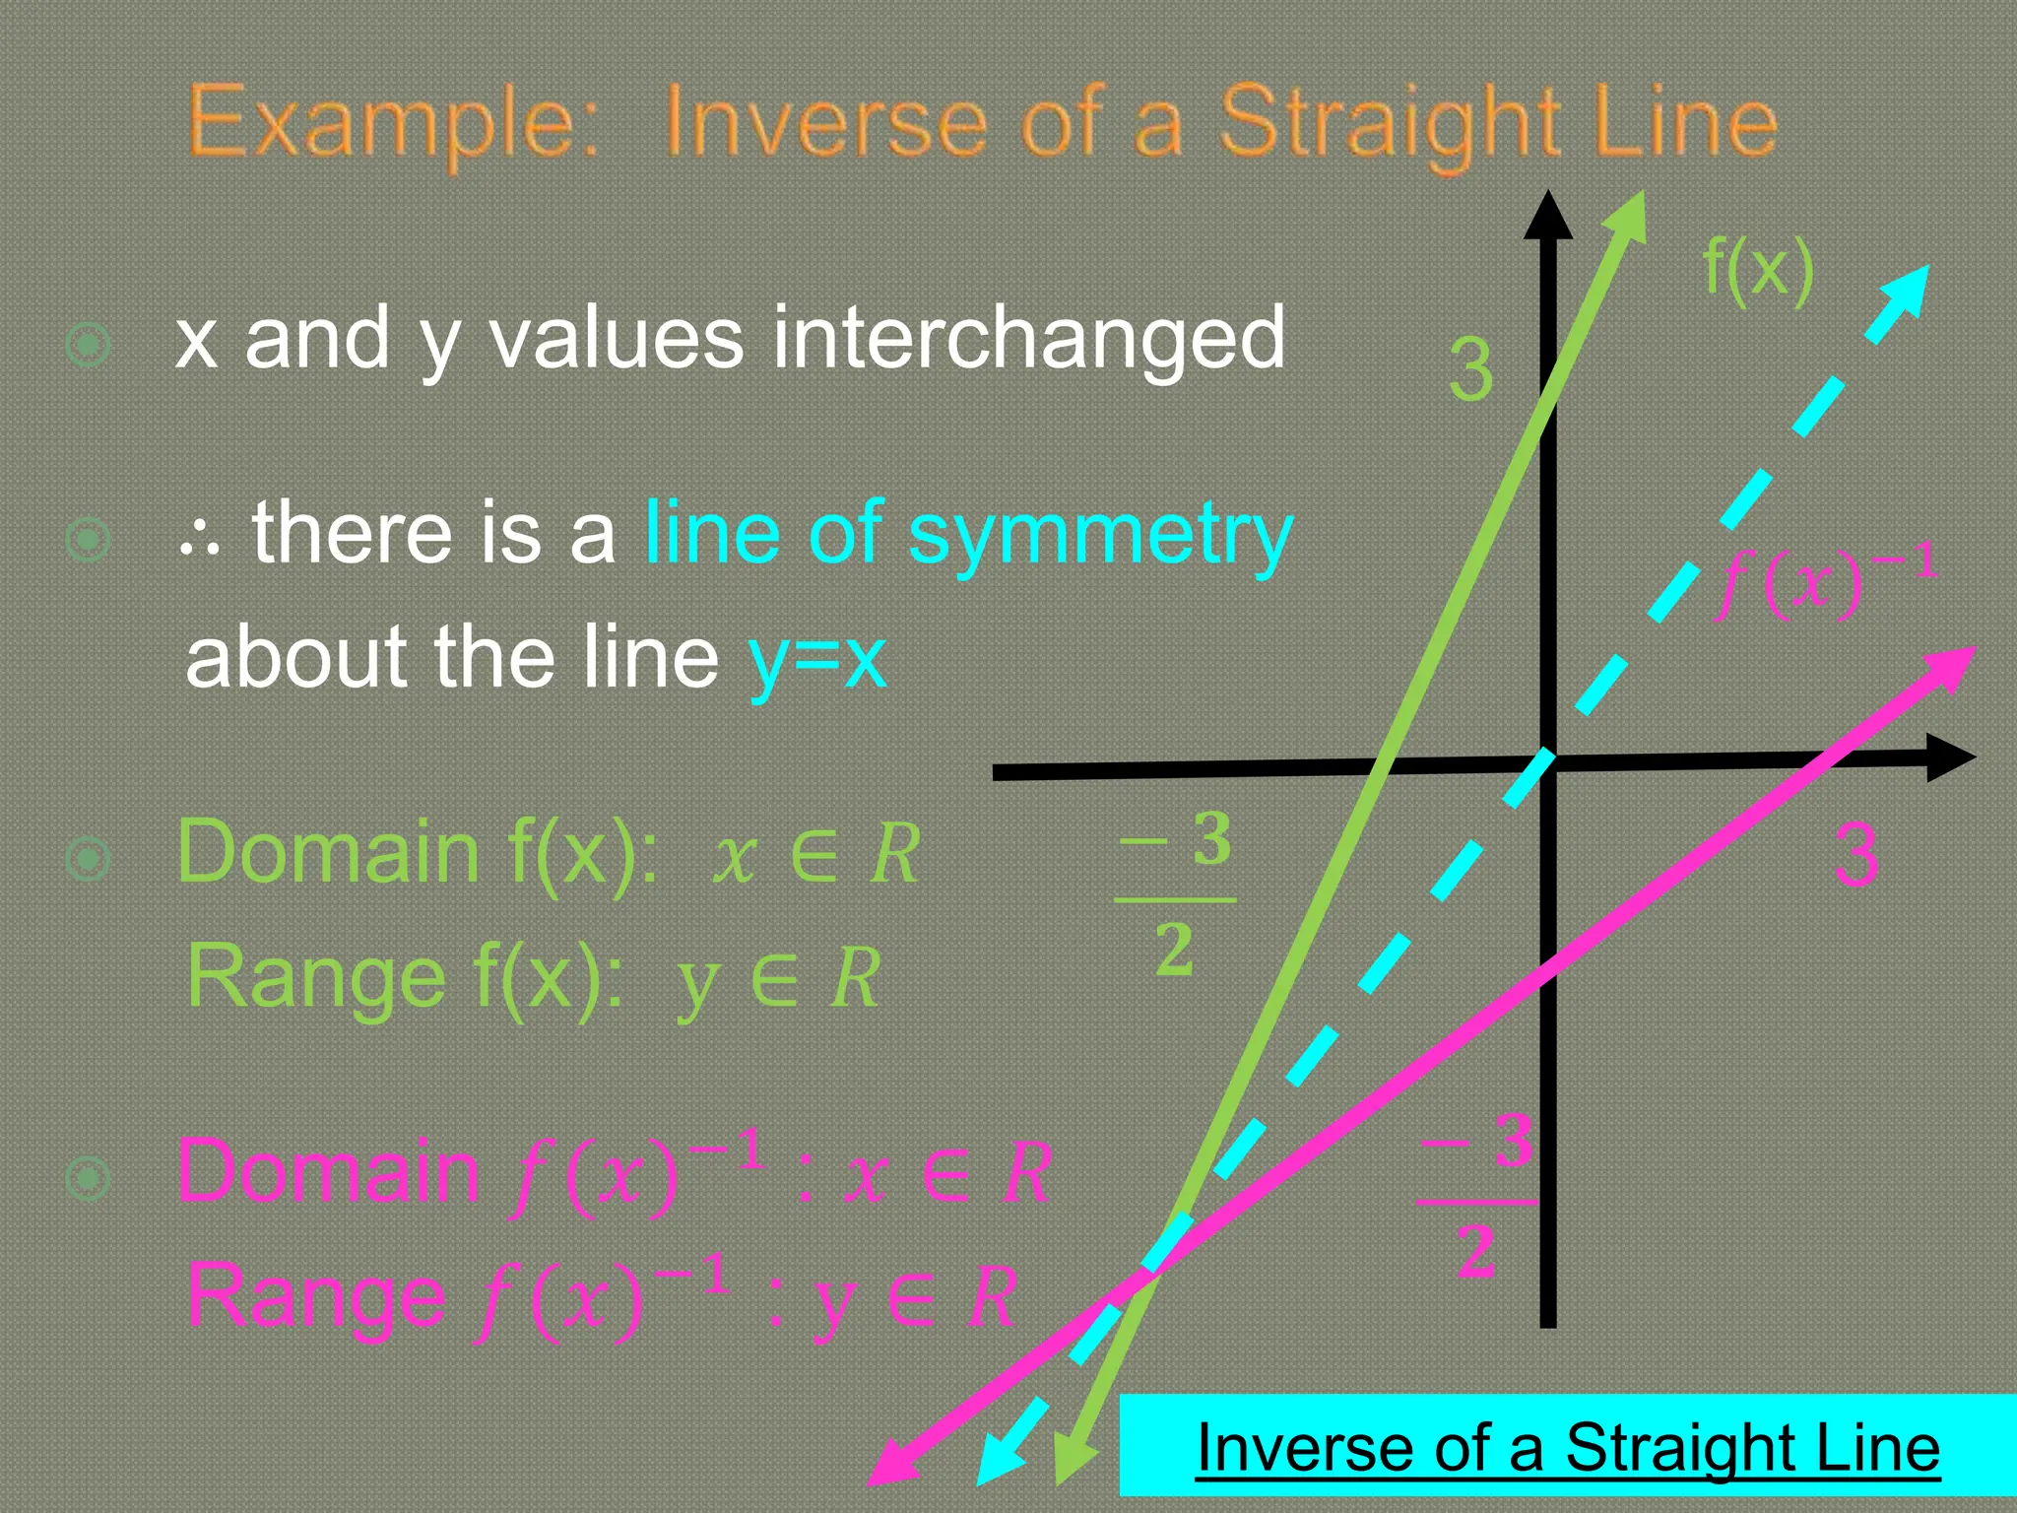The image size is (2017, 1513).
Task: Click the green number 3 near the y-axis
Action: tap(1470, 371)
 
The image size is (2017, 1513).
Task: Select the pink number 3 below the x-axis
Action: tap(1856, 855)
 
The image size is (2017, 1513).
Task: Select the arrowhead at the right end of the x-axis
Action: tap(1949, 757)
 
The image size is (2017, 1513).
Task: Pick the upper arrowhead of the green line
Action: tap(1628, 217)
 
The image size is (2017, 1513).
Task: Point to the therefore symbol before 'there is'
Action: tap(201, 539)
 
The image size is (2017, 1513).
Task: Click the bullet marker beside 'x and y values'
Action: tap(88, 344)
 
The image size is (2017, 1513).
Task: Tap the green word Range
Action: tap(315, 977)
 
